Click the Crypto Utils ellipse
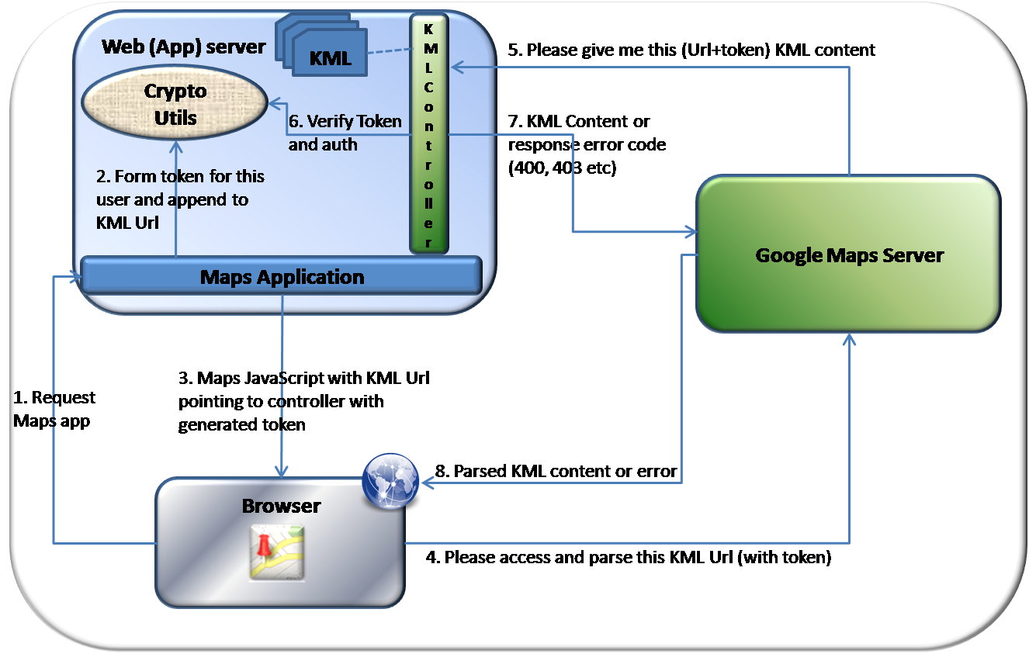pyautogui.click(x=175, y=105)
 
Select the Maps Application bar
pyautogui.click(x=282, y=276)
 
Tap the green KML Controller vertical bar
pyautogui.click(x=429, y=136)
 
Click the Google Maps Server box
pyautogui.click(x=848, y=254)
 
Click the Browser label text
pyautogui.click(x=281, y=506)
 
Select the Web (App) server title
pyautogui.click(x=183, y=47)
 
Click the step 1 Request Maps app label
pyautogui.click(x=54, y=409)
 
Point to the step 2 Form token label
pyautogui.click(x=180, y=199)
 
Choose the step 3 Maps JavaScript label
pyautogui.click(x=303, y=401)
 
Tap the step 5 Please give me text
pyautogui.click(x=691, y=50)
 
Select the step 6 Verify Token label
pyautogui.click(x=345, y=132)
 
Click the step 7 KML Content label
pyautogui.click(x=579, y=122)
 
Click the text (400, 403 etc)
pyautogui.click(x=561, y=168)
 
